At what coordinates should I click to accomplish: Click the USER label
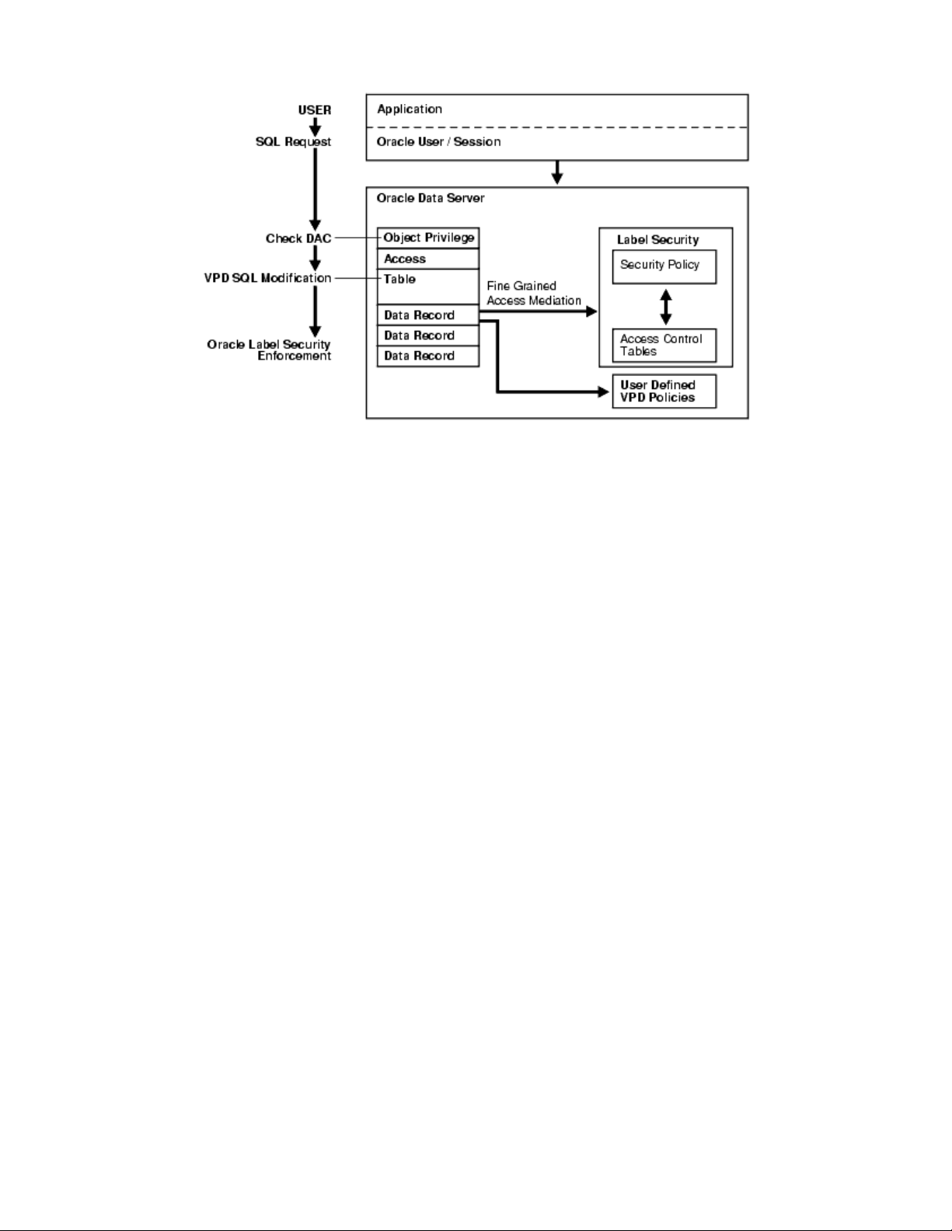[314, 110]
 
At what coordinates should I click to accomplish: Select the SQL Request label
[293, 141]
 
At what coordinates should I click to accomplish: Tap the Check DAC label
[298, 238]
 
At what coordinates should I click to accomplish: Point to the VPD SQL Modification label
[267, 278]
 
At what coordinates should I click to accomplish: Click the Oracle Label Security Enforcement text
[269, 349]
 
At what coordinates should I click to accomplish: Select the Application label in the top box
[410, 110]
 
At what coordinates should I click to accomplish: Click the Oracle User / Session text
[438, 142]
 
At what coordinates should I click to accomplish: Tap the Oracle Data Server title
[431, 198]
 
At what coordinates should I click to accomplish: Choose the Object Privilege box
[428, 238]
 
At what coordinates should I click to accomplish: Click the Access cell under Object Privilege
[427, 259]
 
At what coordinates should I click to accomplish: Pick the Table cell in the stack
[427, 286]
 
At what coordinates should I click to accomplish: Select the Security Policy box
[664, 266]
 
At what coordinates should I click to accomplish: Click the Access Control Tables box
[664, 345]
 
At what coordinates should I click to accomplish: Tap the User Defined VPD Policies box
[664, 391]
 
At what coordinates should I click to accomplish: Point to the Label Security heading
[657, 240]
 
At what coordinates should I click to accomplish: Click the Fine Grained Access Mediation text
[534, 294]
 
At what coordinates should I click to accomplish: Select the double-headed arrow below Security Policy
[665, 307]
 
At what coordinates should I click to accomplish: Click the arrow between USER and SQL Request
[315, 126]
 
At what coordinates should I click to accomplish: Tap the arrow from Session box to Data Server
[556, 172]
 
